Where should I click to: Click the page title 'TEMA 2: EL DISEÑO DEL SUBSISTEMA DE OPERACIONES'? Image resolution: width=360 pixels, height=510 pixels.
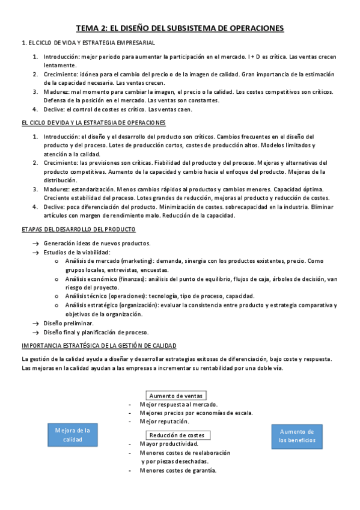[x=180, y=28]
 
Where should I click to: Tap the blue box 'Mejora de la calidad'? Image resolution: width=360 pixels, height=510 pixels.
[x=72, y=435]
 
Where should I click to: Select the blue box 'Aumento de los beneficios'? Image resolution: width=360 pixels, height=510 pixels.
[x=296, y=436]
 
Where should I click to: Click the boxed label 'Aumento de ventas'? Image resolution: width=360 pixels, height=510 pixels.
[x=176, y=396]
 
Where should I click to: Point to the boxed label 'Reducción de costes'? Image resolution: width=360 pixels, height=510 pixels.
[x=177, y=435]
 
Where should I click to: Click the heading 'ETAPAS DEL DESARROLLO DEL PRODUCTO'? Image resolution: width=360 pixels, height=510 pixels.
[x=78, y=230]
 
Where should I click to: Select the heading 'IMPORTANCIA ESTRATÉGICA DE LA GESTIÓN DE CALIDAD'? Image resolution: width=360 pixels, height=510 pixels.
[x=99, y=346]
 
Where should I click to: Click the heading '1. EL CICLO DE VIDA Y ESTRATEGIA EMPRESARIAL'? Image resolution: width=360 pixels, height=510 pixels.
[x=88, y=43]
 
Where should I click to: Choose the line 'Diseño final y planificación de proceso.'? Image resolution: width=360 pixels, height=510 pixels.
[x=96, y=332]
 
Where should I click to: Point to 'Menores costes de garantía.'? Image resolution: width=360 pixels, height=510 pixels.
[x=178, y=470]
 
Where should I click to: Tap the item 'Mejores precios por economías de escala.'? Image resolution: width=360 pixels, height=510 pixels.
[x=196, y=413]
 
